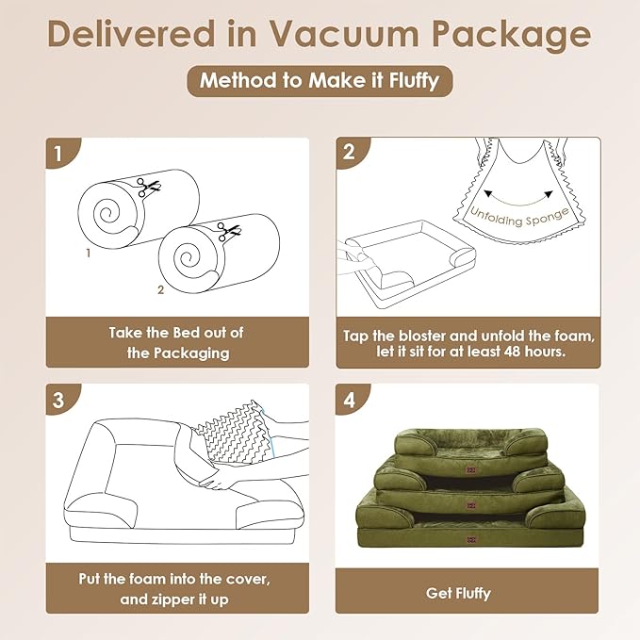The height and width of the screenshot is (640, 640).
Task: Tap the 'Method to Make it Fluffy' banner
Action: pyautogui.click(x=320, y=80)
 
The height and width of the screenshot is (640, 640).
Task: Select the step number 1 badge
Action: pyautogui.click(x=59, y=153)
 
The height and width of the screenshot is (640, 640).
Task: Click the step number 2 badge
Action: pyautogui.click(x=350, y=153)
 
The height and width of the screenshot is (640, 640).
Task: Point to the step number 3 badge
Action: pyautogui.click(x=59, y=399)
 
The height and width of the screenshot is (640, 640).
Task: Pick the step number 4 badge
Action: pyautogui.click(x=350, y=399)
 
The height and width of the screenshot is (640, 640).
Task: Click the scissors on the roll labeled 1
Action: pyautogui.click(x=146, y=186)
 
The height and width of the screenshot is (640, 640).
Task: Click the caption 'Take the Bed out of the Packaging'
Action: pyautogui.click(x=177, y=342)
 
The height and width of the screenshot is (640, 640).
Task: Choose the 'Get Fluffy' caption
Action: pyautogui.click(x=468, y=593)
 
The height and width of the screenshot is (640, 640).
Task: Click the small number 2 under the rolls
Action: pyautogui.click(x=160, y=290)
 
